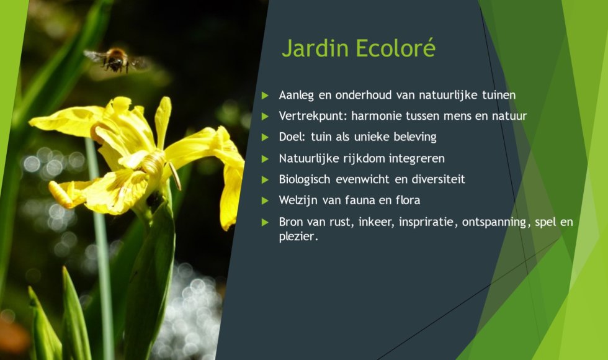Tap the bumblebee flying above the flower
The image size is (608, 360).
click(115, 60)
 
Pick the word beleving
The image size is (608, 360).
click(413, 137)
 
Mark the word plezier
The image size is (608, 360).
click(298, 236)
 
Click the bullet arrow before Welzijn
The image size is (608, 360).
click(266, 200)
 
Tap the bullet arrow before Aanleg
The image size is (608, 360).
click(266, 96)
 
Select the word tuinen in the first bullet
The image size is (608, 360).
click(500, 96)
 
